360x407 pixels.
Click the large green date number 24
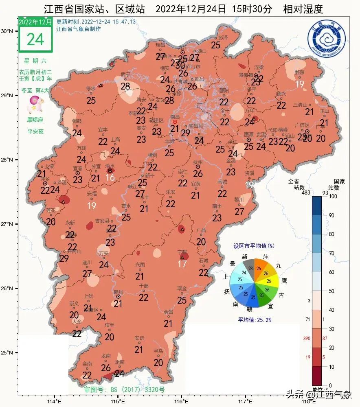(35, 39)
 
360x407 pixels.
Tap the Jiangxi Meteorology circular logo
(327, 39)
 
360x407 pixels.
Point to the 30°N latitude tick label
(7, 31)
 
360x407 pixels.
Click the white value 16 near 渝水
(110, 177)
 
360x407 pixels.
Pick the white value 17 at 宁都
(182, 264)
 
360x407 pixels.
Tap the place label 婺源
(300, 72)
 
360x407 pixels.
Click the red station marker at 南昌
(175, 122)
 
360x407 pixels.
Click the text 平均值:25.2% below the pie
(255, 320)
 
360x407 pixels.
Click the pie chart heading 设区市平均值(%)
(253, 246)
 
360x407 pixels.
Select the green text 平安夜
(35, 131)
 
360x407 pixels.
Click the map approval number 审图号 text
(124, 389)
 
